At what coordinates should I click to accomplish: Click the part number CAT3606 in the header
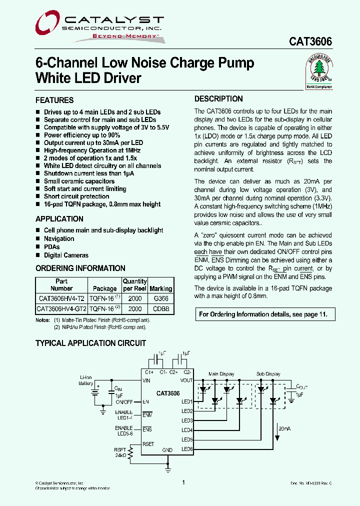tap(310, 42)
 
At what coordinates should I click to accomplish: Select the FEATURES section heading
tap(54, 100)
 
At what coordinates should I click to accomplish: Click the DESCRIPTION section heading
tap(218, 99)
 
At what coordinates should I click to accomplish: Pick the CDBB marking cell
tap(161, 309)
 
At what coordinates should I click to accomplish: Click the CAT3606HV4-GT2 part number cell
tap(61, 309)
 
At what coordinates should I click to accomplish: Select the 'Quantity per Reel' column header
tap(135, 285)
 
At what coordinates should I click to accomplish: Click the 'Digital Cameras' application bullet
tap(66, 255)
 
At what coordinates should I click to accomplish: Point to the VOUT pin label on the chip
tap(186, 380)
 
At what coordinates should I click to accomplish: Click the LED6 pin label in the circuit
tap(187, 449)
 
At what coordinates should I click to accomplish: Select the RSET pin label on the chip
tap(148, 443)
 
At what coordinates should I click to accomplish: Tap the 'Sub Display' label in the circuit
tap(268, 374)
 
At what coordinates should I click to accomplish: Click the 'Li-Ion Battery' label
tap(85, 380)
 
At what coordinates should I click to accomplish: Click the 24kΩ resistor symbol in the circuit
tap(131, 453)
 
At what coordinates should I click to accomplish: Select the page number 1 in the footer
tap(184, 482)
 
